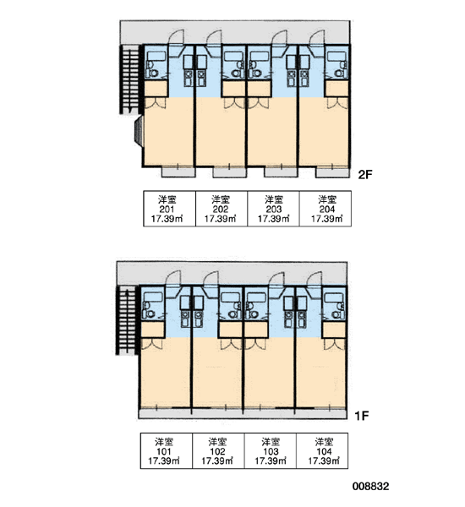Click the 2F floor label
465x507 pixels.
click(x=365, y=175)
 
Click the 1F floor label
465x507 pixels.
click(x=362, y=416)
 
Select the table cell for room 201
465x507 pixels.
click(x=170, y=209)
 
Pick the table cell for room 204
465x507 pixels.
click(x=325, y=209)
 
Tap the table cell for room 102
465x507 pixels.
click(x=218, y=450)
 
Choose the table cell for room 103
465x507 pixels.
click(x=271, y=450)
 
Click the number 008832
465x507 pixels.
click(x=371, y=487)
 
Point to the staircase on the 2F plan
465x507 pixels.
click(x=130, y=79)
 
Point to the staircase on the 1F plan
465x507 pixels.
click(x=127, y=320)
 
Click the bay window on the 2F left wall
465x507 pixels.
click(x=139, y=132)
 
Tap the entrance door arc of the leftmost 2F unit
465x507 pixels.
click(x=177, y=36)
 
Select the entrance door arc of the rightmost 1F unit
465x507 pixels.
click(x=315, y=278)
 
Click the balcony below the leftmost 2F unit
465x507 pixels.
click(x=178, y=172)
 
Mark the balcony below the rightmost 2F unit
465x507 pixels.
click(x=332, y=172)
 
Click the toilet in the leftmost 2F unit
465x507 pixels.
click(x=152, y=74)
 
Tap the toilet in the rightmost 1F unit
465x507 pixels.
click(x=336, y=314)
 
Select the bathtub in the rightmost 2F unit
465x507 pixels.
click(x=336, y=56)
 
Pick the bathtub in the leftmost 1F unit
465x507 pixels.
click(x=153, y=297)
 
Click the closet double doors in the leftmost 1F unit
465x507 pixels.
click(x=152, y=344)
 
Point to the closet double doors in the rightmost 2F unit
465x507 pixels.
click(x=337, y=103)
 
